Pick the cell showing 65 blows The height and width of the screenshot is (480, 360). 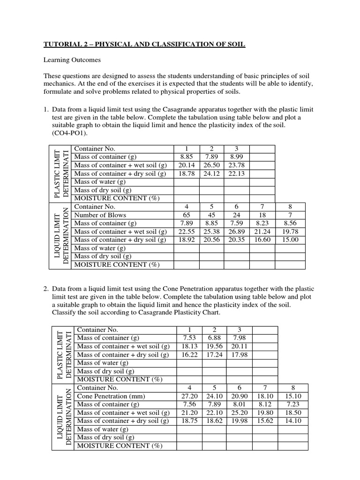[x=187, y=215]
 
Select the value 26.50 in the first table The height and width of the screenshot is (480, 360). [x=211, y=165]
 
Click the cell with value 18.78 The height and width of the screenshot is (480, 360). [x=187, y=173]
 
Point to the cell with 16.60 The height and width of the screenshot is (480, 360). [x=262, y=240]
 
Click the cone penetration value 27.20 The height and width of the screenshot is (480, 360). [x=189, y=396]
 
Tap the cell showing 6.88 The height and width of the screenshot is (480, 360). [x=214, y=337]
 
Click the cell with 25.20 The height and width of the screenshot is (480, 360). [x=240, y=412]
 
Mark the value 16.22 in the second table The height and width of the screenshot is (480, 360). [x=189, y=354]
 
